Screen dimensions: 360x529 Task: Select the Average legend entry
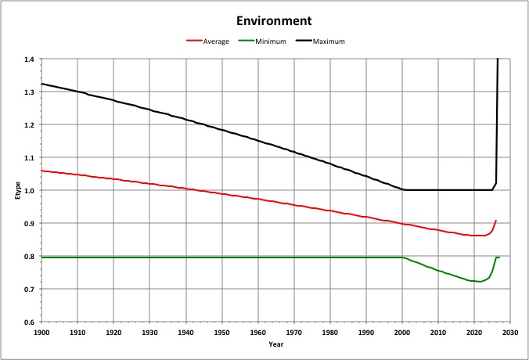pyautogui.click(x=216, y=41)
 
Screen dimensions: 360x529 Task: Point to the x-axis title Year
pyautogui.click(x=275, y=344)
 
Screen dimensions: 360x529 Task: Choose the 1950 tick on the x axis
pyautogui.click(x=222, y=332)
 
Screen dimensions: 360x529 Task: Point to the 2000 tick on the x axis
pyautogui.click(x=402, y=332)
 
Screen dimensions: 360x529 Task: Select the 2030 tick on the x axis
pyautogui.click(x=510, y=332)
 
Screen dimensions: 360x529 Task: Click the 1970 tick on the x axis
pyautogui.click(x=294, y=332)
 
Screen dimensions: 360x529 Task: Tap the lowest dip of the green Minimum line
pyautogui.click(x=479, y=282)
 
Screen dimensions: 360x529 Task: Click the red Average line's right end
pyautogui.click(x=496, y=221)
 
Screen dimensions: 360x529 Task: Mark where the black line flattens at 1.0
pyautogui.click(x=404, y=189)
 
